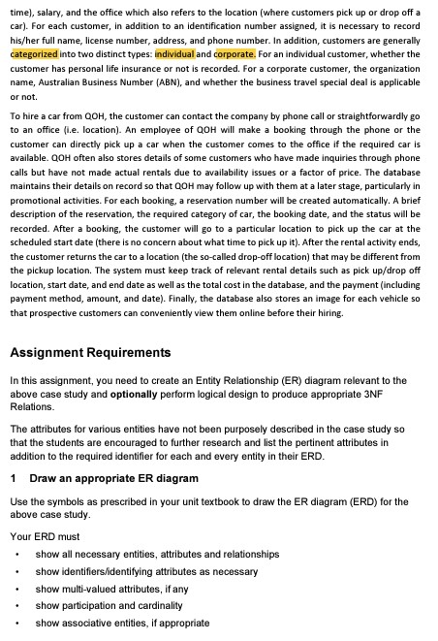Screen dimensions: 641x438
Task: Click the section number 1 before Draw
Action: (13, 479)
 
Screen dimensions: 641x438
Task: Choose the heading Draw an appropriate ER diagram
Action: (114, 479)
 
